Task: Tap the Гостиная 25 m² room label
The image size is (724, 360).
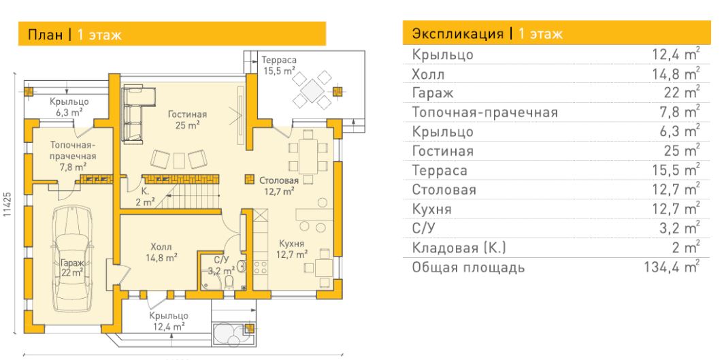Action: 187,119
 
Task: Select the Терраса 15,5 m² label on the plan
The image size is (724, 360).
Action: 279,65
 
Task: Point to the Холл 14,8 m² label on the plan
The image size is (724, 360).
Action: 162,252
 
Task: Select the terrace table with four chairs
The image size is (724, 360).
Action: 312,90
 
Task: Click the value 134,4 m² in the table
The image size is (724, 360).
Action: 672,267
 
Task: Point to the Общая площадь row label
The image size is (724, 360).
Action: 468,267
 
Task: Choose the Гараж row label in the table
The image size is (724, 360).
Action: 433,93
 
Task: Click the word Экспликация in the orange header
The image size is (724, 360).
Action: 457,34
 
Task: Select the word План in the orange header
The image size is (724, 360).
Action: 45,35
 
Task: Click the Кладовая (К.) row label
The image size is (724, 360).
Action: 459,248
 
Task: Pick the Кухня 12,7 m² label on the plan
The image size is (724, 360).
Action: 292,249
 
